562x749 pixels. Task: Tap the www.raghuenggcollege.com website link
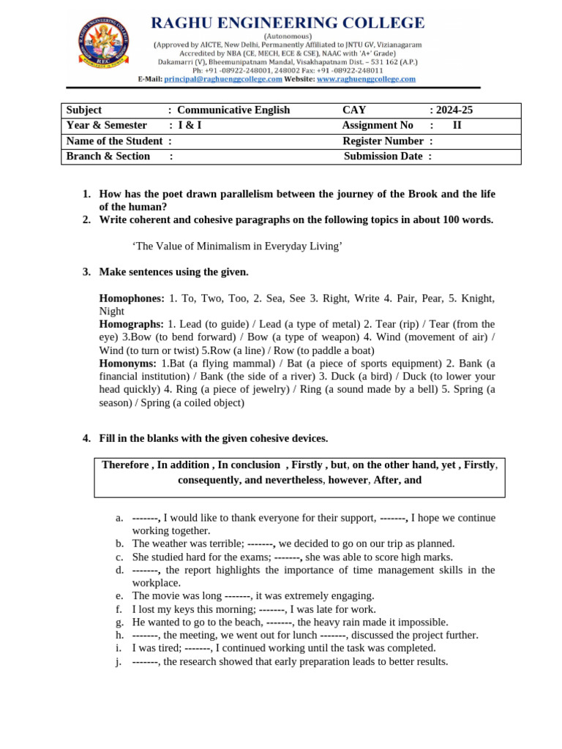[x=366, y=79]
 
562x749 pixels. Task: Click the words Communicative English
[x=233, y=110]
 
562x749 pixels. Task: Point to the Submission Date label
[x=383, y=157]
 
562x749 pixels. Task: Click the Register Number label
[x=383, y=141]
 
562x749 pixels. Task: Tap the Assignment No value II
[x=457, y=126]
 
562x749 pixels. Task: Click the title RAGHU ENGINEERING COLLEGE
[x=288, y=23]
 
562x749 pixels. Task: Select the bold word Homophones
[x=131, y=298]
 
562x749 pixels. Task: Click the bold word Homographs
[x=131, y=323]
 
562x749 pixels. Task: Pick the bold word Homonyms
[x=128, y=363]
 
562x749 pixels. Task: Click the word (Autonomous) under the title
[x=288, y=35]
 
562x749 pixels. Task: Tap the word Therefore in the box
[x=126, y=465]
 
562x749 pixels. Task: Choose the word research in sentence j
[x=196, y=661]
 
